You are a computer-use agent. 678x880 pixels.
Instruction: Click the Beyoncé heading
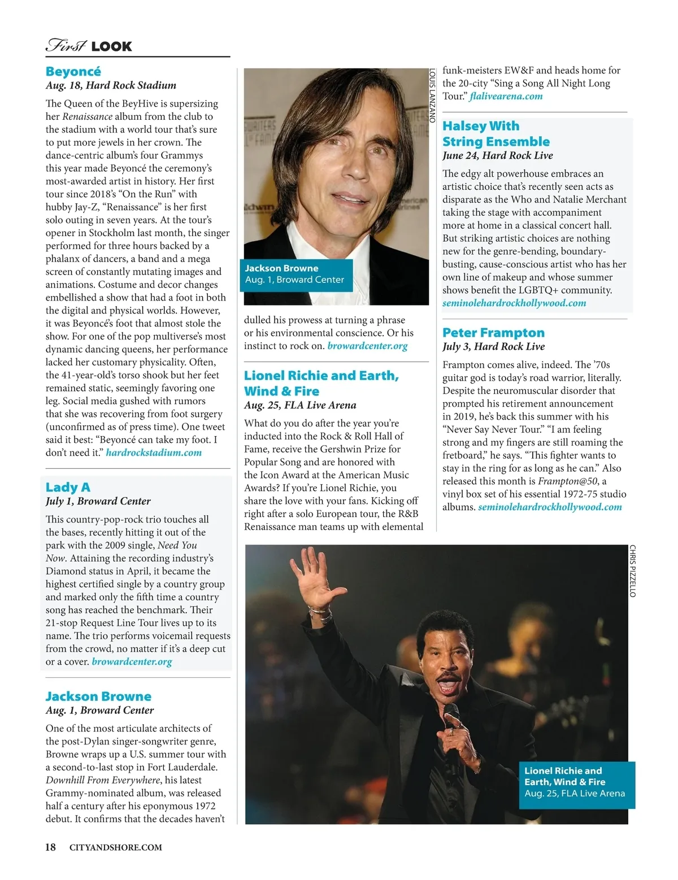pyautogui.click(x=73, y=71)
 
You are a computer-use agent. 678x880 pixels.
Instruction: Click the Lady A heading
pyautogui.click(x=68, y=487)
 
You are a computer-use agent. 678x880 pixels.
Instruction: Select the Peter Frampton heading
pyautogui.click(x=493, y=333)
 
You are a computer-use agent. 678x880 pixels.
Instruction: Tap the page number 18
pyautogui.click(x=50, y=847)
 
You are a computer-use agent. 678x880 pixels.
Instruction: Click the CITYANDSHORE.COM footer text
pyautogui.click(x=115, y=847)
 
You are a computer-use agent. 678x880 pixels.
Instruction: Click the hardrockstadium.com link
pyautogui.click(x=154, y=452)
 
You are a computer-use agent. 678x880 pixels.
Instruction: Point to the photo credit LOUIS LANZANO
pyautogui.click(x=433, y=96)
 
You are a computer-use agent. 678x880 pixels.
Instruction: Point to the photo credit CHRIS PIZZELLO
pyautogui.click(x=632, y=570)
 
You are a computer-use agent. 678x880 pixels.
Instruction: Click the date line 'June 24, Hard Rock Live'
pyautogui.click(x=497, y=155)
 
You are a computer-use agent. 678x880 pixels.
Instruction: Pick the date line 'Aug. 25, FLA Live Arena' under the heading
pyautogui.click(x=300, y=405)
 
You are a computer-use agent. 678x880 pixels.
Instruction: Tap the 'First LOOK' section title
pyautogui.click(x=89, y=46)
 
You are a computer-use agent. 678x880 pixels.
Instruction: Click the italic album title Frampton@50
pyautogui.click(x=572, y=481)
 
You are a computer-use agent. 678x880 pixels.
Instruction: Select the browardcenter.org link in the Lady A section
pyautogui.click(x=132, y=661)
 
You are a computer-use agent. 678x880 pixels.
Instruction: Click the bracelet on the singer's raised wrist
pyautogui.click(x=320, y=612)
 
